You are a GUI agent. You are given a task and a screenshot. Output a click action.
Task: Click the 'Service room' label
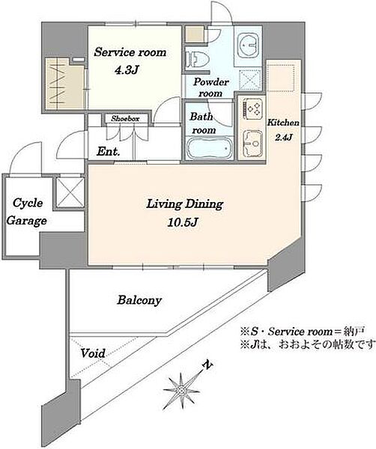[x=130, y=52]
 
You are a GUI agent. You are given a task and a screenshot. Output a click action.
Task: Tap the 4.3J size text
[x=127, y=70]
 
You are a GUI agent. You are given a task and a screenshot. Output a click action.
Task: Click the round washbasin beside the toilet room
[x=248, y=45]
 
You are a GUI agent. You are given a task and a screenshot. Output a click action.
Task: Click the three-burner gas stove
[x=252, y=109]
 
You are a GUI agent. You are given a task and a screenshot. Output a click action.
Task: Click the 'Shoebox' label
[x=125, y=118]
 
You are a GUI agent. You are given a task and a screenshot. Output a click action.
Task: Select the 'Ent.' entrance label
[x=108, y=151]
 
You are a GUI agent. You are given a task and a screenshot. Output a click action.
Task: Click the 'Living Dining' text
[x=184, y=204]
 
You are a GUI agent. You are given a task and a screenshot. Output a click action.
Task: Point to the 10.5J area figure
[x=183, y=222]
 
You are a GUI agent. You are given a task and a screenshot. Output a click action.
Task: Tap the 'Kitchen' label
[x=283, y=123]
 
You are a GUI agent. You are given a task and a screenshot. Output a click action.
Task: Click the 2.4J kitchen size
[x=283, y=137]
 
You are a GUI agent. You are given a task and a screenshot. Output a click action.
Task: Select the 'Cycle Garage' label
[x=27, y=212]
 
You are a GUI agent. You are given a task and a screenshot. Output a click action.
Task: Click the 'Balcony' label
[x=139, y=300]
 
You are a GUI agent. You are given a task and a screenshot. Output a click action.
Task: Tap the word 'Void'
[x=93, y=353]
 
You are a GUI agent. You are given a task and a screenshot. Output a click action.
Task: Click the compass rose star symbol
[x=181, y=389]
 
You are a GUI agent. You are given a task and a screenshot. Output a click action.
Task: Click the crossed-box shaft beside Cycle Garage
[x=70, y=192]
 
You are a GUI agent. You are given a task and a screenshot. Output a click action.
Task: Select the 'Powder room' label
[x=211, y=88]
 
